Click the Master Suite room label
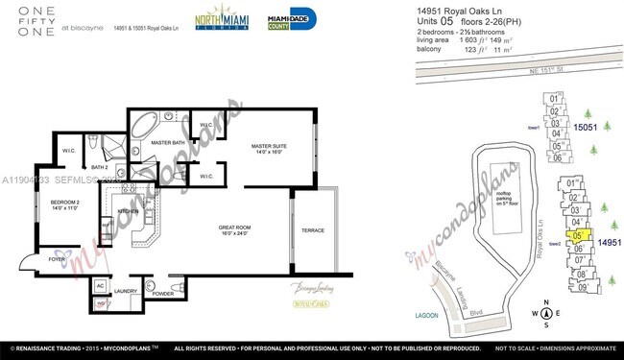(x=269, y=148)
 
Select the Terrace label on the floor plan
(x=312, y=230)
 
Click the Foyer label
(x=57, y=259)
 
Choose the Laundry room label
(x=127, y=293)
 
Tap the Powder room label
(x=162, y=293)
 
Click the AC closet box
(x=100, y=285)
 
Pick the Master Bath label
(x=167, y=143)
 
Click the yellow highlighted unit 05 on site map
(x=578, y=234)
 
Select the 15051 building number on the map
(x=586, y=127)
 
